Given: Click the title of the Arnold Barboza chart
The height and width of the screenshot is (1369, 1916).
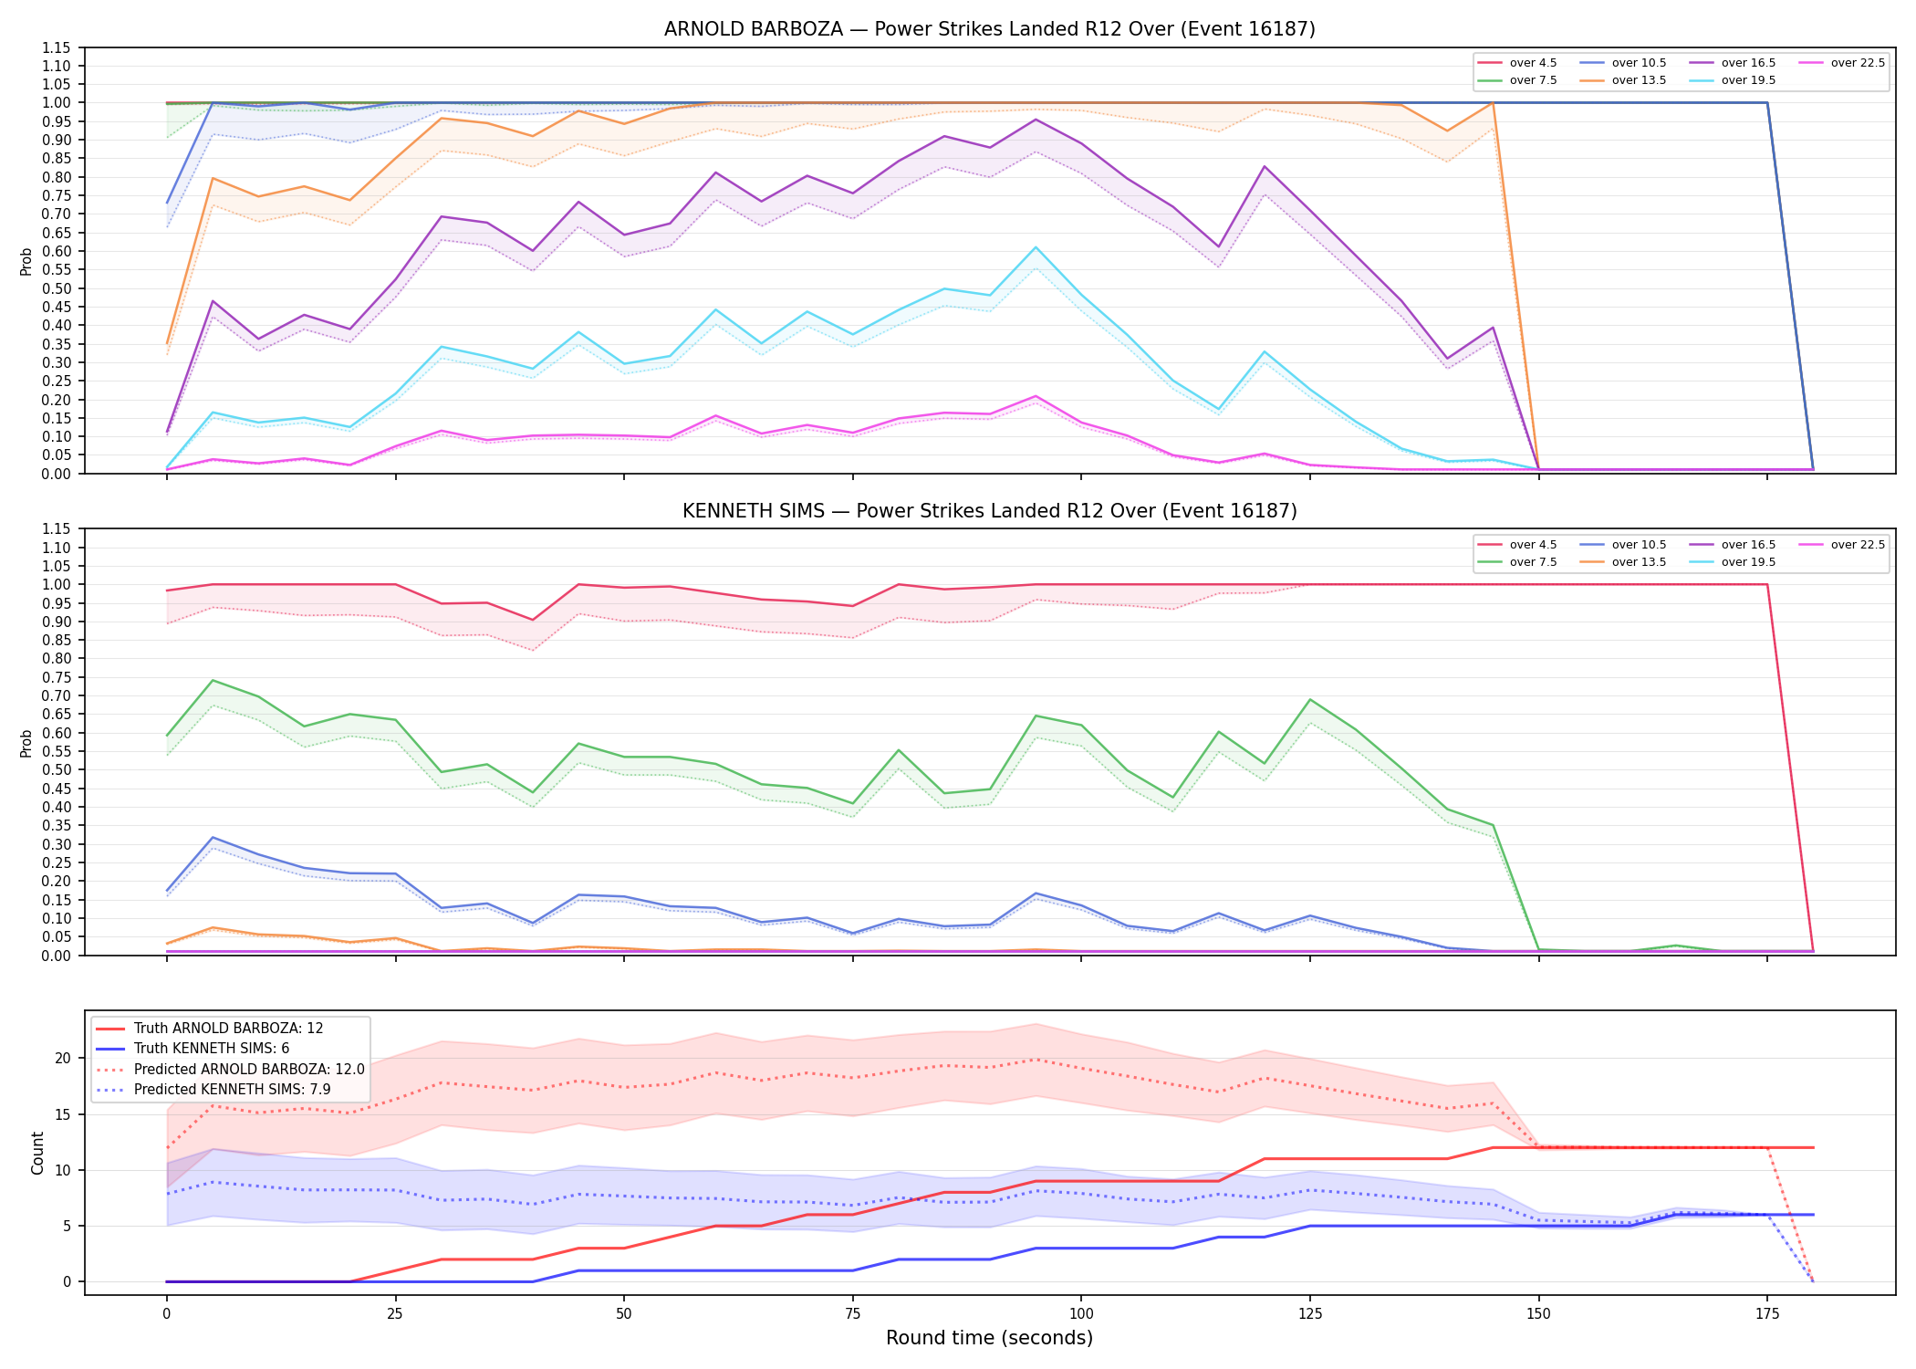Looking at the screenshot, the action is [989, 29].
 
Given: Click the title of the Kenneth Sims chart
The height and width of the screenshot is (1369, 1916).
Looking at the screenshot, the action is [989, 511].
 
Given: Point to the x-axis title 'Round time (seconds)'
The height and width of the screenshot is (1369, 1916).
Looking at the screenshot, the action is [989, 1338].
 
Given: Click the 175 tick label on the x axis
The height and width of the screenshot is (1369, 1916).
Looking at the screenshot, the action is [1767, 1314].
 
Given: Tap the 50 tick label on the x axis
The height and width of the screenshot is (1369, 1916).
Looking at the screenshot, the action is [623, 1314].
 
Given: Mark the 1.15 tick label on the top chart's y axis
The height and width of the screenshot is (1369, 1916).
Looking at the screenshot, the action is [57, 47].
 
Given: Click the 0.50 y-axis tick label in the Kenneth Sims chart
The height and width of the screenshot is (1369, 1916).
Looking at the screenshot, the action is [57, 770].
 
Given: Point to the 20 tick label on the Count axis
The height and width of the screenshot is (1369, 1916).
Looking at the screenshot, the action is [63, 1059].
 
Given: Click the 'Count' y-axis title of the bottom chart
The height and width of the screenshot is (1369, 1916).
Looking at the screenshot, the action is [37, 1153].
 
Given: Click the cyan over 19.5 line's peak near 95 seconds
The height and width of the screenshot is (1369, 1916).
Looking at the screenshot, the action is [1036, 247].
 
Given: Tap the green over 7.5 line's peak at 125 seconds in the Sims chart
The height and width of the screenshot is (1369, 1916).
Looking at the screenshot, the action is [1310, 700].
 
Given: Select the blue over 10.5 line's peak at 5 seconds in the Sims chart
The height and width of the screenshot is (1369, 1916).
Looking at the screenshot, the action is [213, 837].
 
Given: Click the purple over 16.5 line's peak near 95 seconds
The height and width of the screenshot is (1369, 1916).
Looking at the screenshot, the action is [1036, 120].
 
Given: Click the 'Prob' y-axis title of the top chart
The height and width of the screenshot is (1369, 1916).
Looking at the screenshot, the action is [26, 261].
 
